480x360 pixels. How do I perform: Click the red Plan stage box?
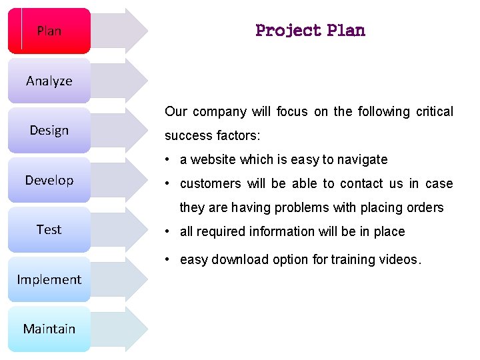coord(49,31)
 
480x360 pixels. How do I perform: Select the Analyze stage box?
coord(49,81)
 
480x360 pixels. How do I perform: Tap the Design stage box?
coord(49,130)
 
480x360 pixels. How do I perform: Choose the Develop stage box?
coord(49,180)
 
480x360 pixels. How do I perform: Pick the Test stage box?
coord(49,229)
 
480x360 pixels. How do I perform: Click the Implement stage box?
coord(49,279)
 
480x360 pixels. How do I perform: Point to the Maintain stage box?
coord(49,329)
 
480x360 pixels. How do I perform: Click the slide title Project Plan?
coord(310,31)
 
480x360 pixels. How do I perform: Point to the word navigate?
coord(362,159)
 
